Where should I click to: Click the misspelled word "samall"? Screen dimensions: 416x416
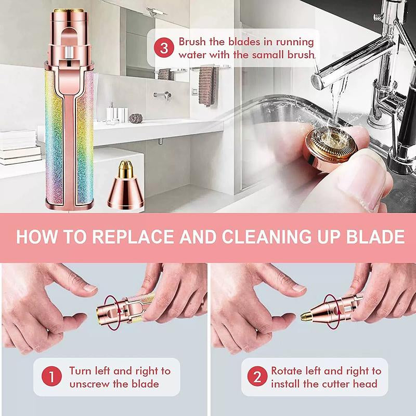click(263, 55)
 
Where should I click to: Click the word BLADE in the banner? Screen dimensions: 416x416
click(378, 237)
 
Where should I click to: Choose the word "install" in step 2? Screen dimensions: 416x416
click(288, 384)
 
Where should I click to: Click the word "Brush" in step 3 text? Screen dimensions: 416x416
click(193, 42)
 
